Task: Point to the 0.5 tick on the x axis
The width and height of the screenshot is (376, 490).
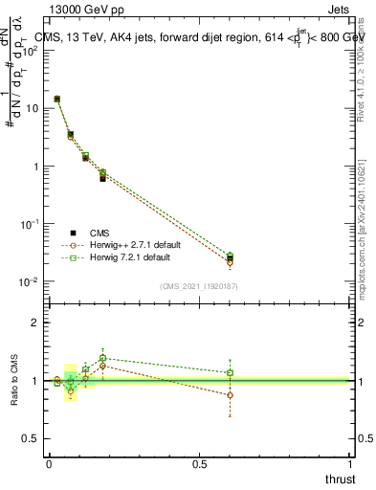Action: coord(199,463)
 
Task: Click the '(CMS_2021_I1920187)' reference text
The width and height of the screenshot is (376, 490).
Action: coord(199,285)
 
